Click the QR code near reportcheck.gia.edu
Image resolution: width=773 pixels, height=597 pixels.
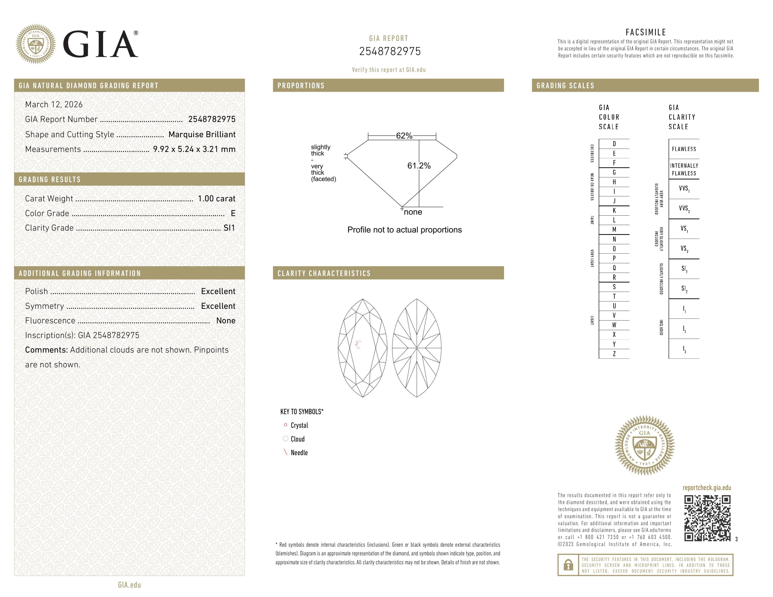[707, 518]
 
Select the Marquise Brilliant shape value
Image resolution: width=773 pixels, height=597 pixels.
[202, 134]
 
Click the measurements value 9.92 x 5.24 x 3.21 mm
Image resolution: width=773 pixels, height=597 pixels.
[194, 149]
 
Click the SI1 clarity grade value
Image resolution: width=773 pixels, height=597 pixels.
[229, 228]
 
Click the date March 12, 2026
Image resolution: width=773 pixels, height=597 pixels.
[54, 104]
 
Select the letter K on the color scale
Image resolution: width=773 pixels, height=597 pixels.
[614, 210]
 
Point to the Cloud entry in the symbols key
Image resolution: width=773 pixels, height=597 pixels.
[297, 439]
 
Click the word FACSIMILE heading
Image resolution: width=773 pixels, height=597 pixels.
[646, 32]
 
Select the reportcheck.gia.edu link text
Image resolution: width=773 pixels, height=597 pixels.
[706, 488]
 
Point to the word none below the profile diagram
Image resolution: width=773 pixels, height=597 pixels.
[413, 212]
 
